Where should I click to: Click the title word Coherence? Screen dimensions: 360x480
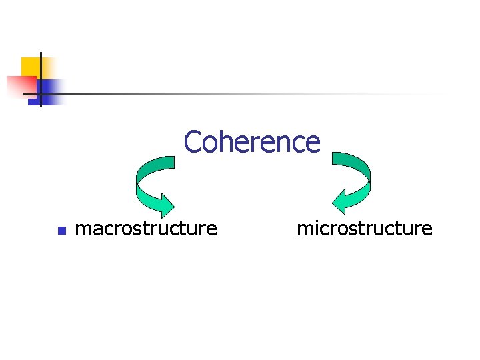pyautogui.click(x=252, y=142)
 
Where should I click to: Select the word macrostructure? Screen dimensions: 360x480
pyautogui.click(x=147, y=229)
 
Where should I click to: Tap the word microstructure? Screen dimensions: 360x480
pyautogui.click(x=364, y=229)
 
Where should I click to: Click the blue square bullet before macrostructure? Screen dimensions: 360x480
pyautogui.click(x=61, y=231)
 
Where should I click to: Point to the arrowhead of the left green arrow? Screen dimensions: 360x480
pyautogui.click(x=163, y=203)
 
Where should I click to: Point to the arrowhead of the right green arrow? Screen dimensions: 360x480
pyautogui.click(x=343, y=203)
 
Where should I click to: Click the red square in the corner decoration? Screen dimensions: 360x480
pyautogui.click(x=20, y=85)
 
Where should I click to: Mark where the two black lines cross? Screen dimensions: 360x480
pyautogui.click(x=40, y=94)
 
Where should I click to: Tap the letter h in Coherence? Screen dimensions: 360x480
pyautogui.click(x=225, y=142)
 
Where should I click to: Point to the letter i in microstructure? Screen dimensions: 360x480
pyautogui.click(x=315, y=229)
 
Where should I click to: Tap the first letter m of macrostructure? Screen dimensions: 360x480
pyautogui.click(x=84, y=230)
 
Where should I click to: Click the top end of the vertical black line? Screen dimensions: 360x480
pyautogui.click(x=40, y=53)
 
